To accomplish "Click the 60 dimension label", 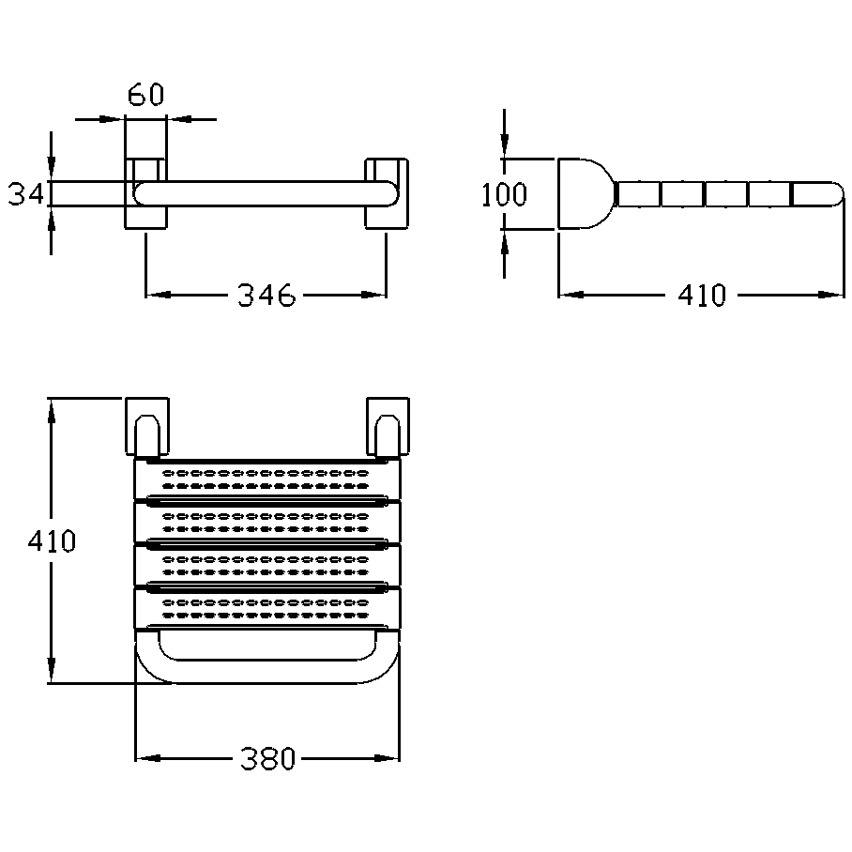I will (145, 96).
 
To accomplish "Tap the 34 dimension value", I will (26, 194).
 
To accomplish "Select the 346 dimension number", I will (266, 297).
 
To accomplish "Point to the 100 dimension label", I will (504, 195).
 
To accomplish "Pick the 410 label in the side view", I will (701, 297).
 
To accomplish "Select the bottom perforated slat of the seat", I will (266, 606).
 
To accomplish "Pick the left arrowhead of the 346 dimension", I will (156, 296).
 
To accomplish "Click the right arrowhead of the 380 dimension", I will (388, 758).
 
